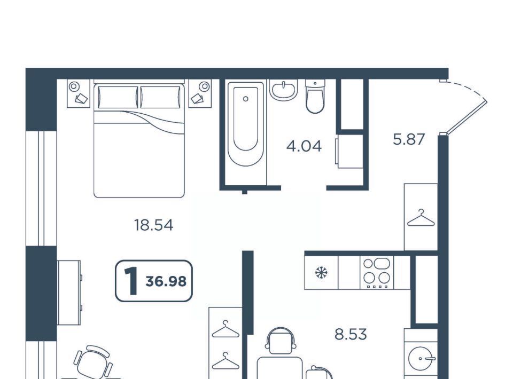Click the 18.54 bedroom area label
pos(153,225)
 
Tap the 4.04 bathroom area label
pos(304,146)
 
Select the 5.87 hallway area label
pos(409,139)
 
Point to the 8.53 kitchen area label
pos(351,334)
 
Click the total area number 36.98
pos(166,281)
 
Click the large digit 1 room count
pos(131,280)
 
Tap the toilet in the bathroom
pos(315,97)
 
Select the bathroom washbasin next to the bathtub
pos(284,89)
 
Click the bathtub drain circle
pos(246,99)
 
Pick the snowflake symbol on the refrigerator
pos(321,272)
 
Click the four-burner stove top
pos(377,273)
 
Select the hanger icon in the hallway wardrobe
pos(421,218)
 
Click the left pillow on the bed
pos(118,97)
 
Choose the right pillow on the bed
pos(160,97)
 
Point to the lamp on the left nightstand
pos(74,86)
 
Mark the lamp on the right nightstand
pos(205,86)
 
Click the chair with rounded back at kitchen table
pos(281,341)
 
